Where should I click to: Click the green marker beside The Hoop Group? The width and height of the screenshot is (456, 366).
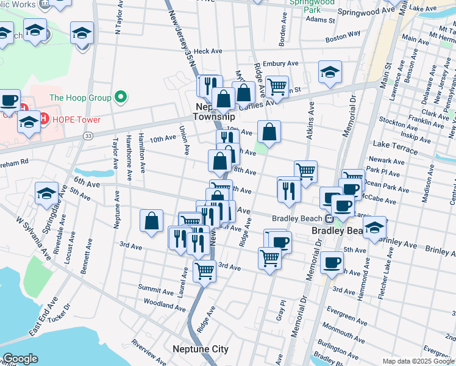tap(121, 98)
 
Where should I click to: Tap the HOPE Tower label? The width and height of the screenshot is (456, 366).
tap(75, 119)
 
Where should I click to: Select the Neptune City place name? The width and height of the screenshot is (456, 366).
tap(200, 349)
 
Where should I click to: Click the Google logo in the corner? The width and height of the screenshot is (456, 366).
tap(20, 359)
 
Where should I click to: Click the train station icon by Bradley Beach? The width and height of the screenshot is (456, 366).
tap(329, 219)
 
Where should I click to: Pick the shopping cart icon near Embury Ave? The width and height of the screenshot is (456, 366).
tap(277, 87)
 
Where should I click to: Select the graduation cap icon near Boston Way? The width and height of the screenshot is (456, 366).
tap(330, 71)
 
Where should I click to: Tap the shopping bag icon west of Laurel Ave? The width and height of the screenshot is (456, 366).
tap(151, 221)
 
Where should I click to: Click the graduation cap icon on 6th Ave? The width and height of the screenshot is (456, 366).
tap(46, 193)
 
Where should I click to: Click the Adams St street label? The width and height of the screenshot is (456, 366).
tap(321, 20)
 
